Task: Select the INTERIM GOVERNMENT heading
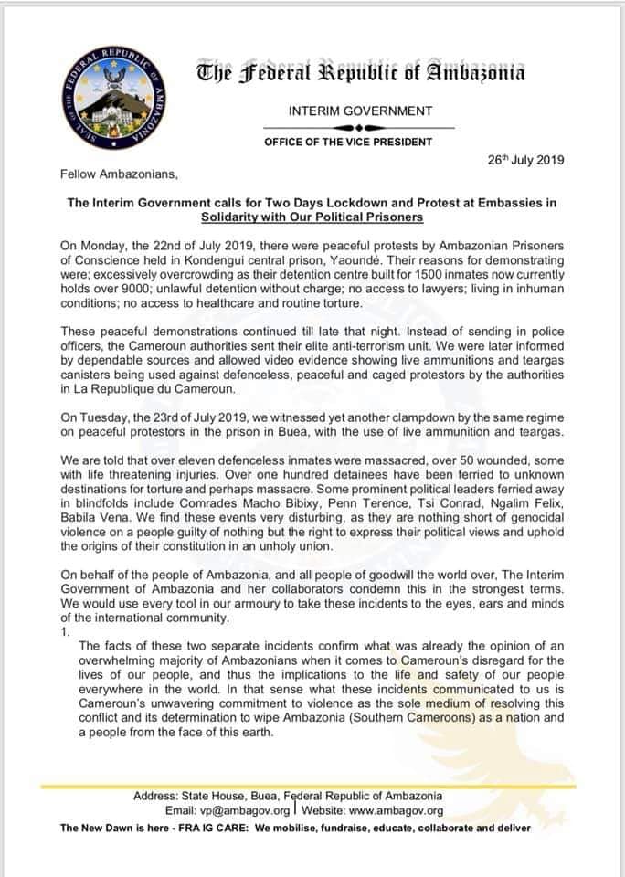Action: coord(360,111)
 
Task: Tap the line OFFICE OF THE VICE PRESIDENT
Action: coord(361,143)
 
